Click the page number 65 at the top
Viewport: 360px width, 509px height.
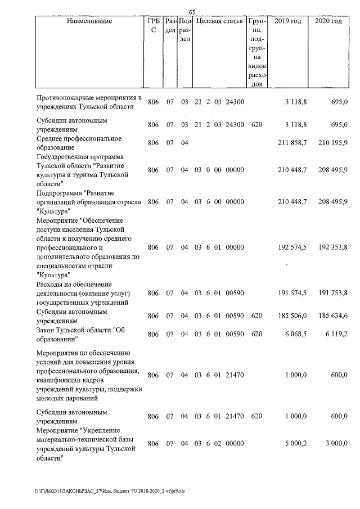click(x=192, y=12)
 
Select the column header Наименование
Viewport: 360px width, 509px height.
click(x=89, y=21)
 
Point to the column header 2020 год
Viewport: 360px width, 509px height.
click(x=328, y=21)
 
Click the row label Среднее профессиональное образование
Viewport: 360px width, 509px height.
click(x=79, y=143)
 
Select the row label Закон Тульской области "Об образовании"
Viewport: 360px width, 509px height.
click(x=79, y=334)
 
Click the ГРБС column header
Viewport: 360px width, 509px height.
click(x=153, y=26)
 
